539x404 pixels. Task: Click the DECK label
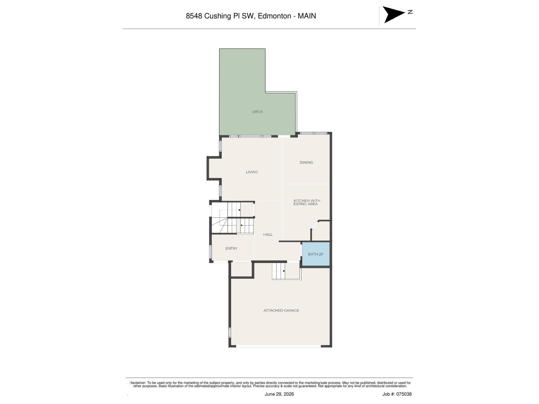257,112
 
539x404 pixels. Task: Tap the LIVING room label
252,172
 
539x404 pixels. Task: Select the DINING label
306,162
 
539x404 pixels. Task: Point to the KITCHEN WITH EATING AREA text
307,202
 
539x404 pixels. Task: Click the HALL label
268,235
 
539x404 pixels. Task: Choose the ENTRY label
231,248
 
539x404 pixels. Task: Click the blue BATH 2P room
316,254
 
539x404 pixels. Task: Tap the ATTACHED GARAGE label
281,310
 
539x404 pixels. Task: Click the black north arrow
393,14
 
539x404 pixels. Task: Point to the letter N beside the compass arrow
410,12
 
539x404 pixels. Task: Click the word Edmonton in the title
275,16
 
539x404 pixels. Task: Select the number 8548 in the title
194,16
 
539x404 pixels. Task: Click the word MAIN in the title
307,16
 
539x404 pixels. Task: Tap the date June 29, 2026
279,394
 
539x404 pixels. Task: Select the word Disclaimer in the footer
137,383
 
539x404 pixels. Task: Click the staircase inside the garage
279,271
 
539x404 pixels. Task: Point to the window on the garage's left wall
230,332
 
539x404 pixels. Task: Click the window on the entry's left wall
211,252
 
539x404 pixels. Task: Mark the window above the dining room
314,133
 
